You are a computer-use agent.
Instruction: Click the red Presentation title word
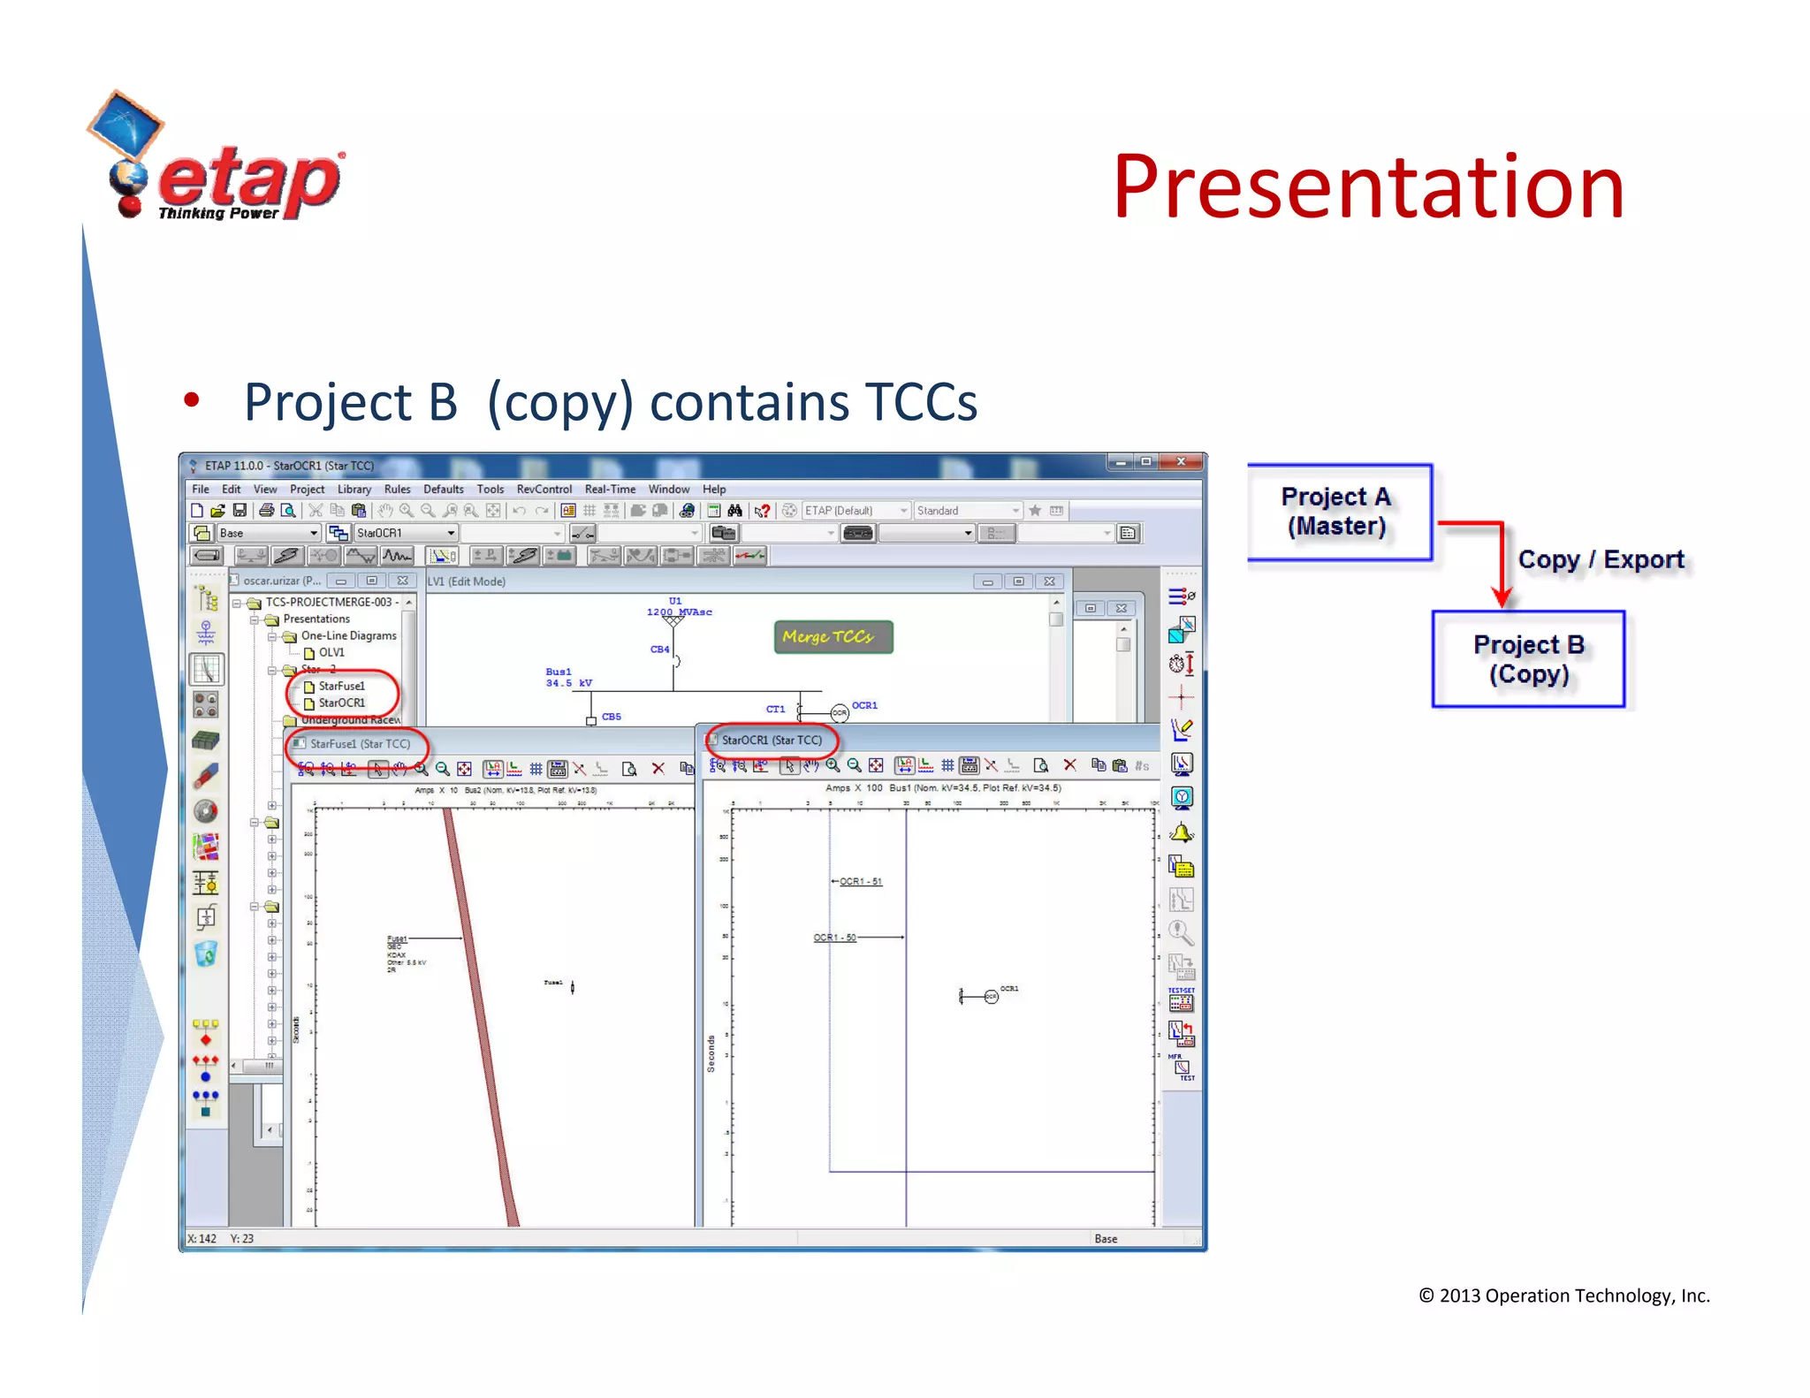pyautogui.click(x=1367, y=187)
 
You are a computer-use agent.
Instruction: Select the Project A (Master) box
pyautogui.click(x=1338, y=512)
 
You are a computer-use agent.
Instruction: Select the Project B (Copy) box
pyautogui.click(x=1528, y=659)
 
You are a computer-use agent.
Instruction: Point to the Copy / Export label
pyautogui.click(x=1601, y=559)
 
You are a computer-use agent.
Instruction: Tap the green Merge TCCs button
pyautogui.click(x=833, y=637)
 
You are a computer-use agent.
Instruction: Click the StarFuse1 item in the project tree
pyautogui.click(x=341, y=686)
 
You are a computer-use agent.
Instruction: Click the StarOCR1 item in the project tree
pyautogui.click(x=341, y=703)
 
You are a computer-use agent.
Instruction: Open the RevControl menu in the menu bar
pyautogui.click(x=544, y=489)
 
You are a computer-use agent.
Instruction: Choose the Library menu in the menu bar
pyautogui.click(x=354, y=489)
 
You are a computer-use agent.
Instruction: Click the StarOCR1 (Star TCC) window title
pyautogui.click(x=771, y=741)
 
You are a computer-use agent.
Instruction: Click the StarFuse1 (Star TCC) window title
pyautogui.click(x=360, y=744)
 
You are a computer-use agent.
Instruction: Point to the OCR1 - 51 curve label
pyautogui.click(x=860, y=881)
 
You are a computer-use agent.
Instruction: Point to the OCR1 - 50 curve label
pyautogui.click(x=834, y=938)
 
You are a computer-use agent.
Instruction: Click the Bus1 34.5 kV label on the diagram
pyautogui.click(x=567, y=678)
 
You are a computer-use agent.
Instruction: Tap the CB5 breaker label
pyautogui.click(x=611, y=717)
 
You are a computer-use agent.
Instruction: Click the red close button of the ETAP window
pyautogui.click(x=1181, y=462)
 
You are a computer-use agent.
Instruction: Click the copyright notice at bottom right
pyautogui.click(x=1563, y=1295)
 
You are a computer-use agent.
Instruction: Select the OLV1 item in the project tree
pyautogui.click(x=331, y=652)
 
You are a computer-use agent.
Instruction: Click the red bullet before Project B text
pyautogui.click(x=191, y=400)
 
